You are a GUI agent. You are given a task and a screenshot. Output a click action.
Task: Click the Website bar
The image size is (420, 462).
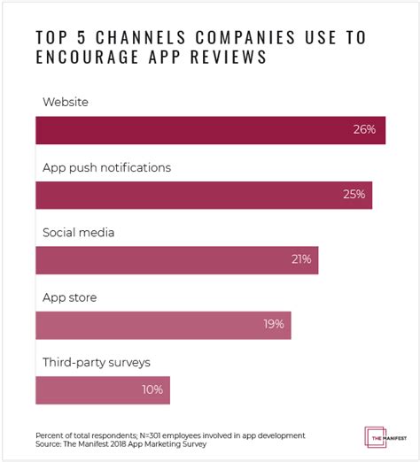tap(210, 129)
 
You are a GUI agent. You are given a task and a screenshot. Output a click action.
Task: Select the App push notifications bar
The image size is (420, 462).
tap(204, 194)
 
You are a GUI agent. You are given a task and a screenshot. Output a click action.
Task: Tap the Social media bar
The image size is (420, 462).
tap(176, 259)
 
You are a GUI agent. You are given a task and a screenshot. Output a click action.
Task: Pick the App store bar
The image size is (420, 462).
tap(163, 325)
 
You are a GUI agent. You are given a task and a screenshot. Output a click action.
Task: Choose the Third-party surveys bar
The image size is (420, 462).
tap(102, 389)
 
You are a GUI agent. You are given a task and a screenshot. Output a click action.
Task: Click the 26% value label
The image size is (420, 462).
tap(364, 130)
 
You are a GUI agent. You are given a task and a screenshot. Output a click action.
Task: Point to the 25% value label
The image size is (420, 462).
tap(354, 195)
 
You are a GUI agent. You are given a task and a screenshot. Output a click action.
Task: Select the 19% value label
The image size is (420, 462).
tap(273, 325)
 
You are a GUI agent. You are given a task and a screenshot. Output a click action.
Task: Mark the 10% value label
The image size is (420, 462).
tap(152, 389)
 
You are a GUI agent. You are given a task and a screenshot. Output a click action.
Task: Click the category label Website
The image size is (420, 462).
tap(66, 102)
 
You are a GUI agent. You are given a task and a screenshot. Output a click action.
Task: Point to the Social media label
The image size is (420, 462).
tap(79, 232)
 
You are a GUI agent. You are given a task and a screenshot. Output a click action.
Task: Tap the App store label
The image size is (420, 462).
tap(69, 297)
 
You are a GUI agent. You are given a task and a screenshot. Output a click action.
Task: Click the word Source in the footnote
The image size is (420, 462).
tap(50, 444)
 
